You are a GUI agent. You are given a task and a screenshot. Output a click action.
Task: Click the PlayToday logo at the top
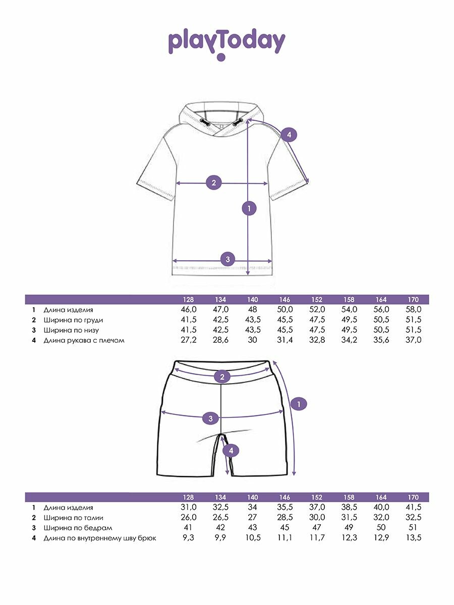pos(226,43)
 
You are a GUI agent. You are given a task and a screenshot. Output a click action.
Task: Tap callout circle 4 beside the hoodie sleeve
pos(289,135)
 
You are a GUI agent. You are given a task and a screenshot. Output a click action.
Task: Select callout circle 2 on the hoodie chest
pos(214,183)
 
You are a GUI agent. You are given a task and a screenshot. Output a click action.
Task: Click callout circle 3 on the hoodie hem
pos(228,260)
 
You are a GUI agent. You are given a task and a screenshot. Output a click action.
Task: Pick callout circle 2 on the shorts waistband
pos(221,376)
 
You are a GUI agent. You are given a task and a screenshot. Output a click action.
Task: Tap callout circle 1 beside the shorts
pos(299,404)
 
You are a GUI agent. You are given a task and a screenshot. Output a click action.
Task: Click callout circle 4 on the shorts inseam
pos(231,450)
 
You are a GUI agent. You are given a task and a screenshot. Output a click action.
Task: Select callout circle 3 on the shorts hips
pos(210,418)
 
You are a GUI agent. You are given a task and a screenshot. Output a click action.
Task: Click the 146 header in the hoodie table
pos(285,299)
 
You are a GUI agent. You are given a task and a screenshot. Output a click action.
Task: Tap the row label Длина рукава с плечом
pos(84,340)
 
